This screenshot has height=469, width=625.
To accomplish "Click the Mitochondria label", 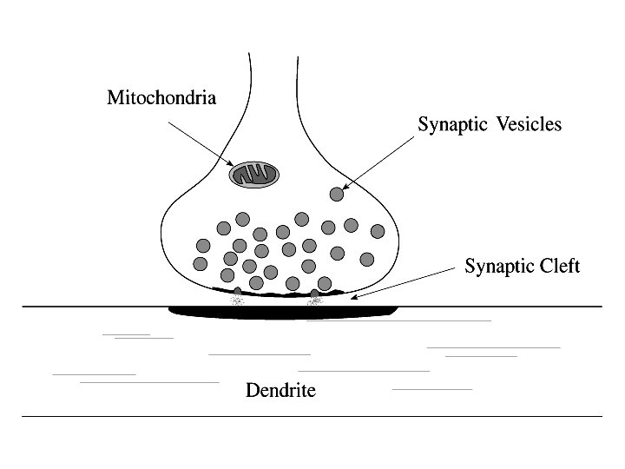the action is pyautogui.click(x=161, y=97).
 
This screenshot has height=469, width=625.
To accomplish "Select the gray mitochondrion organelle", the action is pyautogui.click(x=254, y=175).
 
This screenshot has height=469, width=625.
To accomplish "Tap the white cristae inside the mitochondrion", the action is pyautogui.click(x=254, y=175).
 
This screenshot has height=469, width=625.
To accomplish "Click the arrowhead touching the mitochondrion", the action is pyautogui.click(x=230, y=165).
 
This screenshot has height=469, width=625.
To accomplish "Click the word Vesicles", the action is pyautogui.click(x=530, y=124).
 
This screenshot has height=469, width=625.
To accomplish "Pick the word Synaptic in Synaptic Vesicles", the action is pyautogui.click(x=452, y=125).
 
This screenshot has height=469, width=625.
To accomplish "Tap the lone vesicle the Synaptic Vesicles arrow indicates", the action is pyautogui.click(x=337, y=194).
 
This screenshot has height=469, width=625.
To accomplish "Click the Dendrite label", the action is pyautogui.click(x=280, y=390).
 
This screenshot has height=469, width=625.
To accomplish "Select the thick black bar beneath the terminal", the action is pyautogui.click(x=282, y=310).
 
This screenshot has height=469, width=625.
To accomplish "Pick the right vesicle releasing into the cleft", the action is pyautogui.click(x=315, y=294).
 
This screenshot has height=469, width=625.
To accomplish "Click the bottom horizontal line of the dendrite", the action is pyautogui.click(x=312, y=416).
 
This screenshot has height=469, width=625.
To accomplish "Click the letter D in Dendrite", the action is pyautogui.click(x=253, y=390).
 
